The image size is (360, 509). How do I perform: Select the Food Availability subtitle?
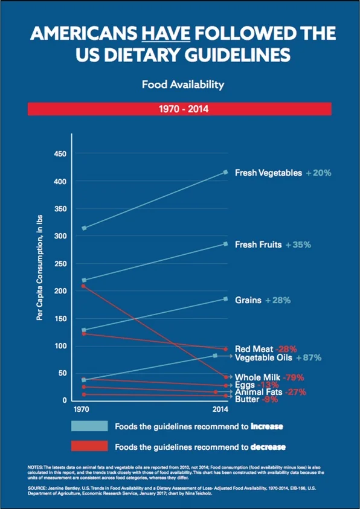tap(179, 85)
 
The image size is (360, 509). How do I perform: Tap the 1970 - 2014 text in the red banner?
tap(179, 109)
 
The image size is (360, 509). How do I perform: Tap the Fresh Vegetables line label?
tap(268, 173)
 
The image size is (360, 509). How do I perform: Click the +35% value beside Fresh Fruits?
tap(298, 245)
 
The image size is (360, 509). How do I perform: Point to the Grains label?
tap(248, 299)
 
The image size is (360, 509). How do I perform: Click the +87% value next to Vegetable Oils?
tap(308, 357)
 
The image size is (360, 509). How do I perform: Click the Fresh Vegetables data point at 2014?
tap(225, 172)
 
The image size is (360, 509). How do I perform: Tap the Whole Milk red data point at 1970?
tap(83, 286)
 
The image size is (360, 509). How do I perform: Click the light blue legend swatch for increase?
tap(89, 426)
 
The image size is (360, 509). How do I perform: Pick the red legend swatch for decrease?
tap(89, 446)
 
